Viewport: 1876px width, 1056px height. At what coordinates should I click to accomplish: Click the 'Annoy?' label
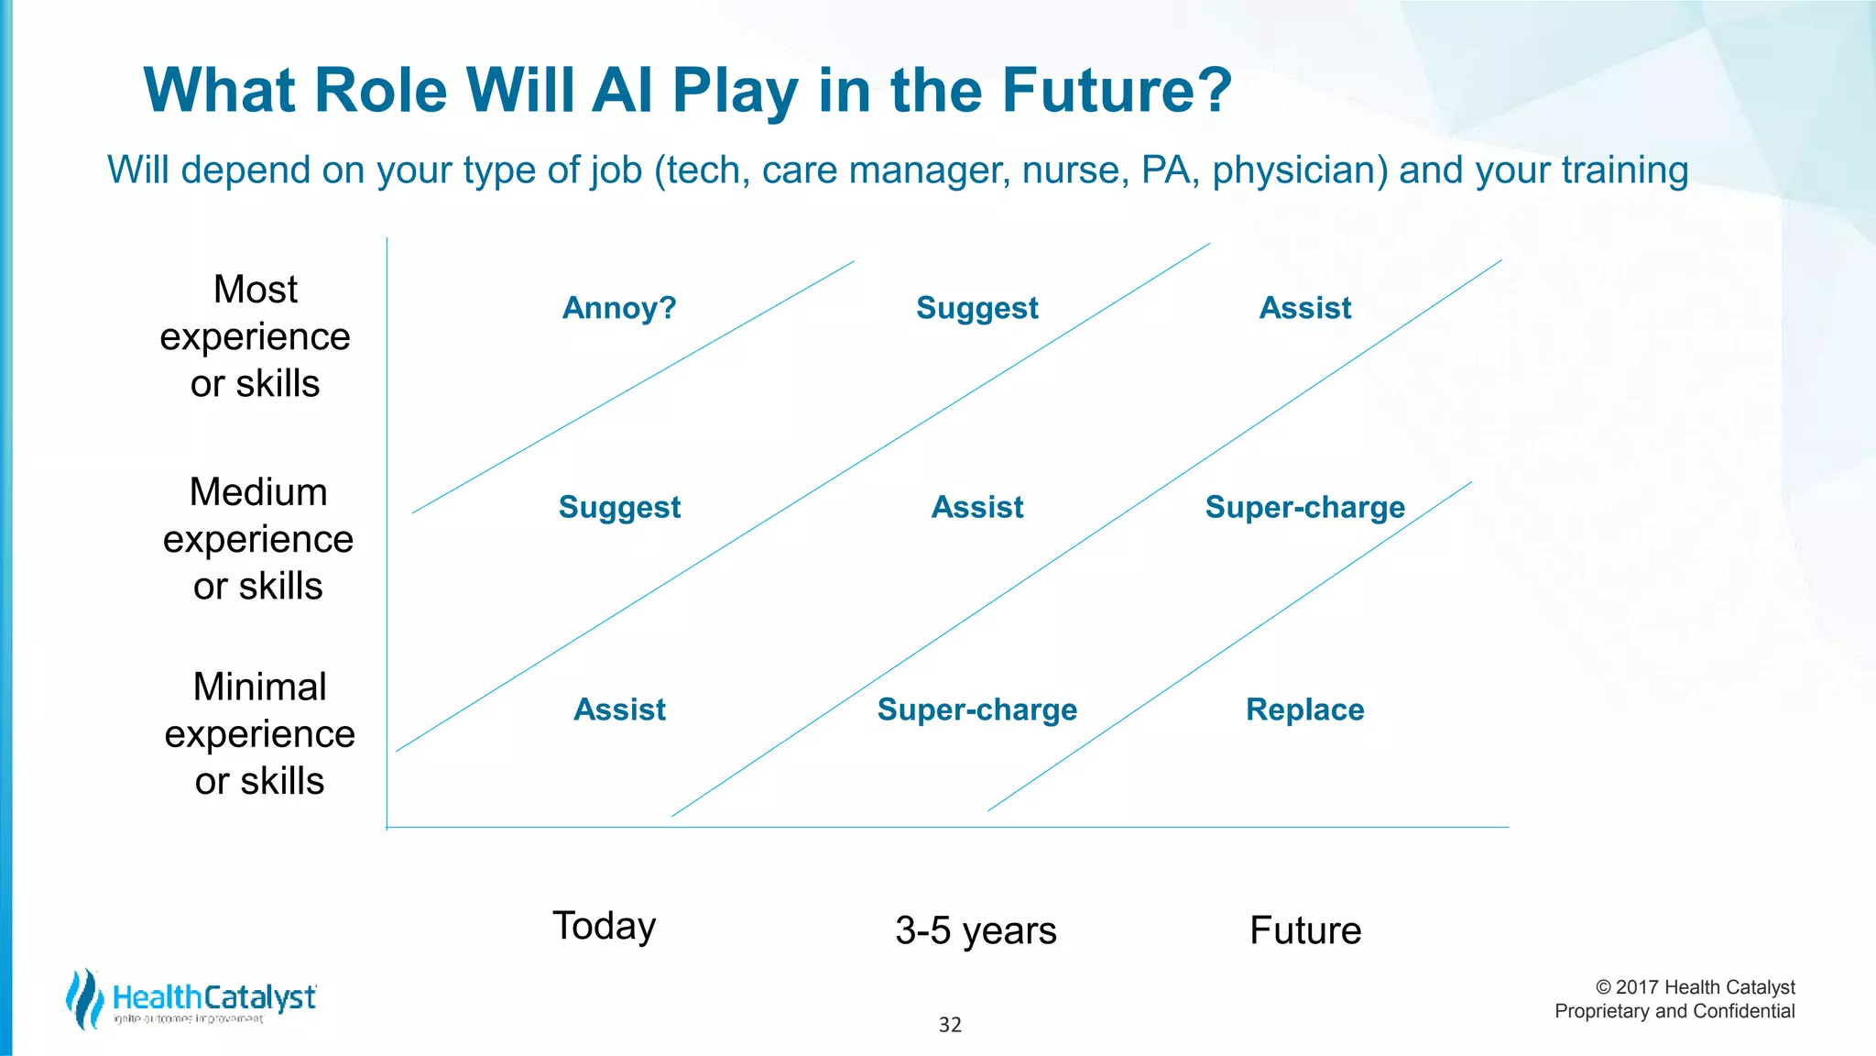click(619, 308)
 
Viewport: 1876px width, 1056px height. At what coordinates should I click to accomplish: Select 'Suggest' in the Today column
click(619, 507)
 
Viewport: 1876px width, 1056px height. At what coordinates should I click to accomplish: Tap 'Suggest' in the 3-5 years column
click(976, 308)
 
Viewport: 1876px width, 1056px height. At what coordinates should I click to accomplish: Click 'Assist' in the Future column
click(1304, 308)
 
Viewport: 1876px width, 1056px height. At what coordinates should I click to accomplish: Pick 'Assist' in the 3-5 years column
click(976, 507)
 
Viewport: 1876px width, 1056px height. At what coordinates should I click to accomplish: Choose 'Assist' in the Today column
click(619, 709)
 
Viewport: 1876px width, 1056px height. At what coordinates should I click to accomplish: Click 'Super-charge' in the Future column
click(1304, 507)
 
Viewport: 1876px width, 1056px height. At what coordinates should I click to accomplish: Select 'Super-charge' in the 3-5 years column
click(976, 709)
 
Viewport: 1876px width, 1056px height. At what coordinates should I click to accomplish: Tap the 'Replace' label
click(1304, 709)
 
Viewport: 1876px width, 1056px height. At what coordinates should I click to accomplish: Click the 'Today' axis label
click(604, 926)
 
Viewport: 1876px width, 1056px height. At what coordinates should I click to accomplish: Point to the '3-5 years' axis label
click(976, 930)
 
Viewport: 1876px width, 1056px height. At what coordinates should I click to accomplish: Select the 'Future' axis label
click(1304, 930)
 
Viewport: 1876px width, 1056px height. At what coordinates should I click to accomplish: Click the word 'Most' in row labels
click(255, 290)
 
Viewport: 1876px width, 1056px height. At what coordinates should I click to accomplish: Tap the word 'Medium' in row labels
click(257, 492)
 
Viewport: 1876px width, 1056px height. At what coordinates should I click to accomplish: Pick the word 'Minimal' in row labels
click(259, 687)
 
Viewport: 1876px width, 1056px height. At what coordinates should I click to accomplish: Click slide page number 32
click(950, 1025)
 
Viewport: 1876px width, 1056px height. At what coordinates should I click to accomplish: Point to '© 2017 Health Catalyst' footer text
click(1695, 987)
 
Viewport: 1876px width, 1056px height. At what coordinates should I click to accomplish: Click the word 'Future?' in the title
click(1117, 91)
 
